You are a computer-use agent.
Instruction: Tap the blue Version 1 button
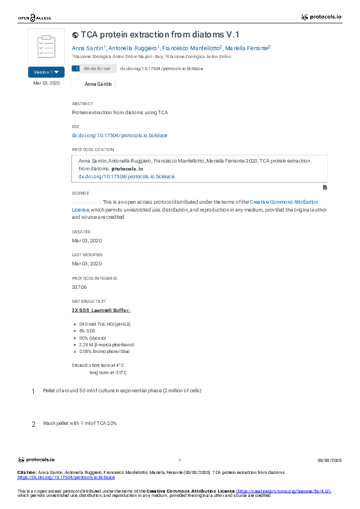click(x=46, y=72)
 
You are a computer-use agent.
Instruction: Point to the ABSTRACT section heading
click(x=82, y=104)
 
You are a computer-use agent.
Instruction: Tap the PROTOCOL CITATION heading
click(x=93, y=149)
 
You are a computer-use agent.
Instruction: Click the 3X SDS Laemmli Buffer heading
click(x=100, y=310)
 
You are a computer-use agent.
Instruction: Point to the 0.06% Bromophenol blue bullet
click(x=104, y=351)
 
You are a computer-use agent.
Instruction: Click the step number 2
click(x=34, y=424)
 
